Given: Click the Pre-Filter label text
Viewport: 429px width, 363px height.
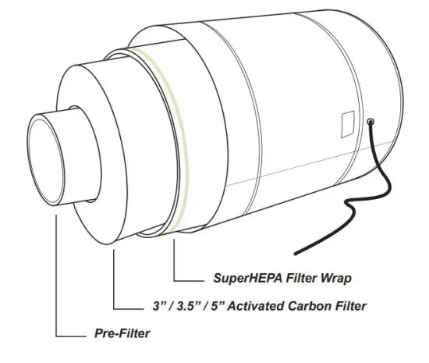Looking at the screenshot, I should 117,334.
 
